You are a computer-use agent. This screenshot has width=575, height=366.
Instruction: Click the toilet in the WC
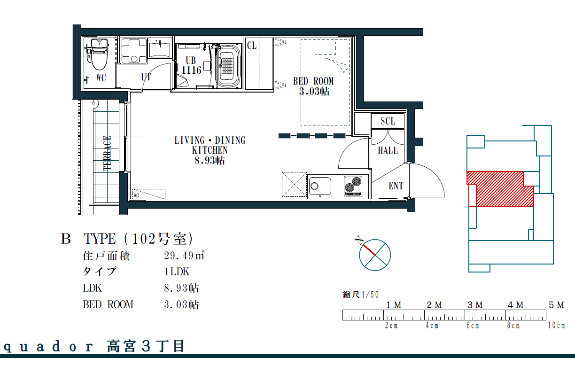pos(99,55)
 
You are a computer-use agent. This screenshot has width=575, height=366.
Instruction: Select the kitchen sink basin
pos(320,186)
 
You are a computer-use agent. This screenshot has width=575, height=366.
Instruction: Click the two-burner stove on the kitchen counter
pos(353,186)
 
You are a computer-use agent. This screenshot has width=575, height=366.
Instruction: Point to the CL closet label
pos(252,46)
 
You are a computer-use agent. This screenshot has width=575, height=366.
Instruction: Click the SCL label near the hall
pos(388,121)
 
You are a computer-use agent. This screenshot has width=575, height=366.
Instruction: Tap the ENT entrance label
pos(396,186)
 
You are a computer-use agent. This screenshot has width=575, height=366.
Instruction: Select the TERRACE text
pos(107,153)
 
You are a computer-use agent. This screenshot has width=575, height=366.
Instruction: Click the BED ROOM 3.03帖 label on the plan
pos(314,86)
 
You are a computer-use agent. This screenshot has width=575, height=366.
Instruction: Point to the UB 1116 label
pos(191,65)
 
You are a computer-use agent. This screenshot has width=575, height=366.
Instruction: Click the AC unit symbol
pos(149,194)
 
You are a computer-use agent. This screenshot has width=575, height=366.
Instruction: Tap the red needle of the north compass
pos(369,250)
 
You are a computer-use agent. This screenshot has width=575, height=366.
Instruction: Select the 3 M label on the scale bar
pos(475,305)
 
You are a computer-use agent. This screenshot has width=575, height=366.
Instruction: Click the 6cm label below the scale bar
pos(473,326)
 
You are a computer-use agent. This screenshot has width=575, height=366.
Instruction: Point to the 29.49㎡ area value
pos(184,256)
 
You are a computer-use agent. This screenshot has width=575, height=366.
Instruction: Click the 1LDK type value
pos(177,272)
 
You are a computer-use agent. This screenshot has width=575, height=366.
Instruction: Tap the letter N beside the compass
pos(359,241)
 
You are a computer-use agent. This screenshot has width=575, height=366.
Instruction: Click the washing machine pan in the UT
pos(134,51)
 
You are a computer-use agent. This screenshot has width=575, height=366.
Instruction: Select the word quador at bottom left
pos(48,347)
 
